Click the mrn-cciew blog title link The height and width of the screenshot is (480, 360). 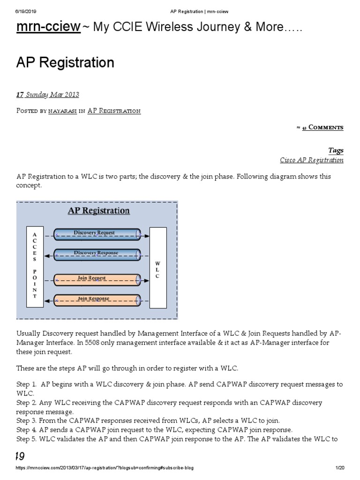(48, 28)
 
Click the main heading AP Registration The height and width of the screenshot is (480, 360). (65, 62)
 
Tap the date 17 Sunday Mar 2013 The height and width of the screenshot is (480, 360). (48, 95)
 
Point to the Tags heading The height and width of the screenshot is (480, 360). (336, 150)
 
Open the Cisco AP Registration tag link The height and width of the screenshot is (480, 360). (312, 160)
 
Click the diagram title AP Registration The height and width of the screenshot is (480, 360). (99, 210)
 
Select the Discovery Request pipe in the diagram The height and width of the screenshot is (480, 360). (97, 233)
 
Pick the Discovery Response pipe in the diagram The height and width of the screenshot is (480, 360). (97, 254)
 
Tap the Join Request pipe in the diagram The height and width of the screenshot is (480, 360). (97, 279)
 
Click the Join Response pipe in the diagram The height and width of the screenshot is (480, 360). (97, 300)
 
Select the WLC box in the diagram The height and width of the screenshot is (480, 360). (157, 268)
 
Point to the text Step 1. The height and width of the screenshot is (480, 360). (27, 384)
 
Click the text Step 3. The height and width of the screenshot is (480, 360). (27, 420)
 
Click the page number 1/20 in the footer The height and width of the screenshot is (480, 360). (340, 468)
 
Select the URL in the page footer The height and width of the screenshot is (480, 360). (105, 468)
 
